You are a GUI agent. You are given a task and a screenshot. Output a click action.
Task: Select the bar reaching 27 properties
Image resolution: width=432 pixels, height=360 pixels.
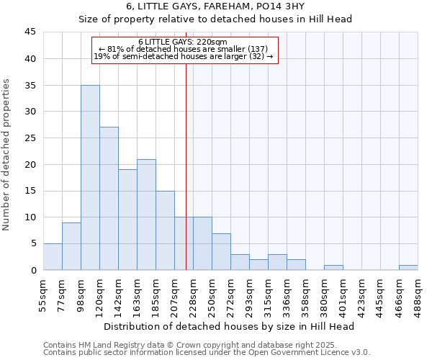point(109,198)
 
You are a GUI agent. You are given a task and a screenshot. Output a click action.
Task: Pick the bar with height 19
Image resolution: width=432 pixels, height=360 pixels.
point(127,220)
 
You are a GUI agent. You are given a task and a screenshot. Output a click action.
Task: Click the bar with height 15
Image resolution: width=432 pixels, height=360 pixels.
point(165,230)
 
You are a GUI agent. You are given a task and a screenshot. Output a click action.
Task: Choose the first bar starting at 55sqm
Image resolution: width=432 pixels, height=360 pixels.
point(53,256)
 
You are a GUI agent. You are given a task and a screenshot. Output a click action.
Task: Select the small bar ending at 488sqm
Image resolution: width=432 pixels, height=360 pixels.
point(408,267)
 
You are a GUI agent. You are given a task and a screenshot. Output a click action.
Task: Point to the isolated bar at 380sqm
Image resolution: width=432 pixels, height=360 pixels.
point(333,267)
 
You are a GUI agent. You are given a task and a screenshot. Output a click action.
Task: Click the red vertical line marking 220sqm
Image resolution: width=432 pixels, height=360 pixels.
point(186,180)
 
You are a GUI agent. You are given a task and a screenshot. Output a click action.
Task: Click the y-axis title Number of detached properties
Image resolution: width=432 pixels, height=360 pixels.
point(7,155)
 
